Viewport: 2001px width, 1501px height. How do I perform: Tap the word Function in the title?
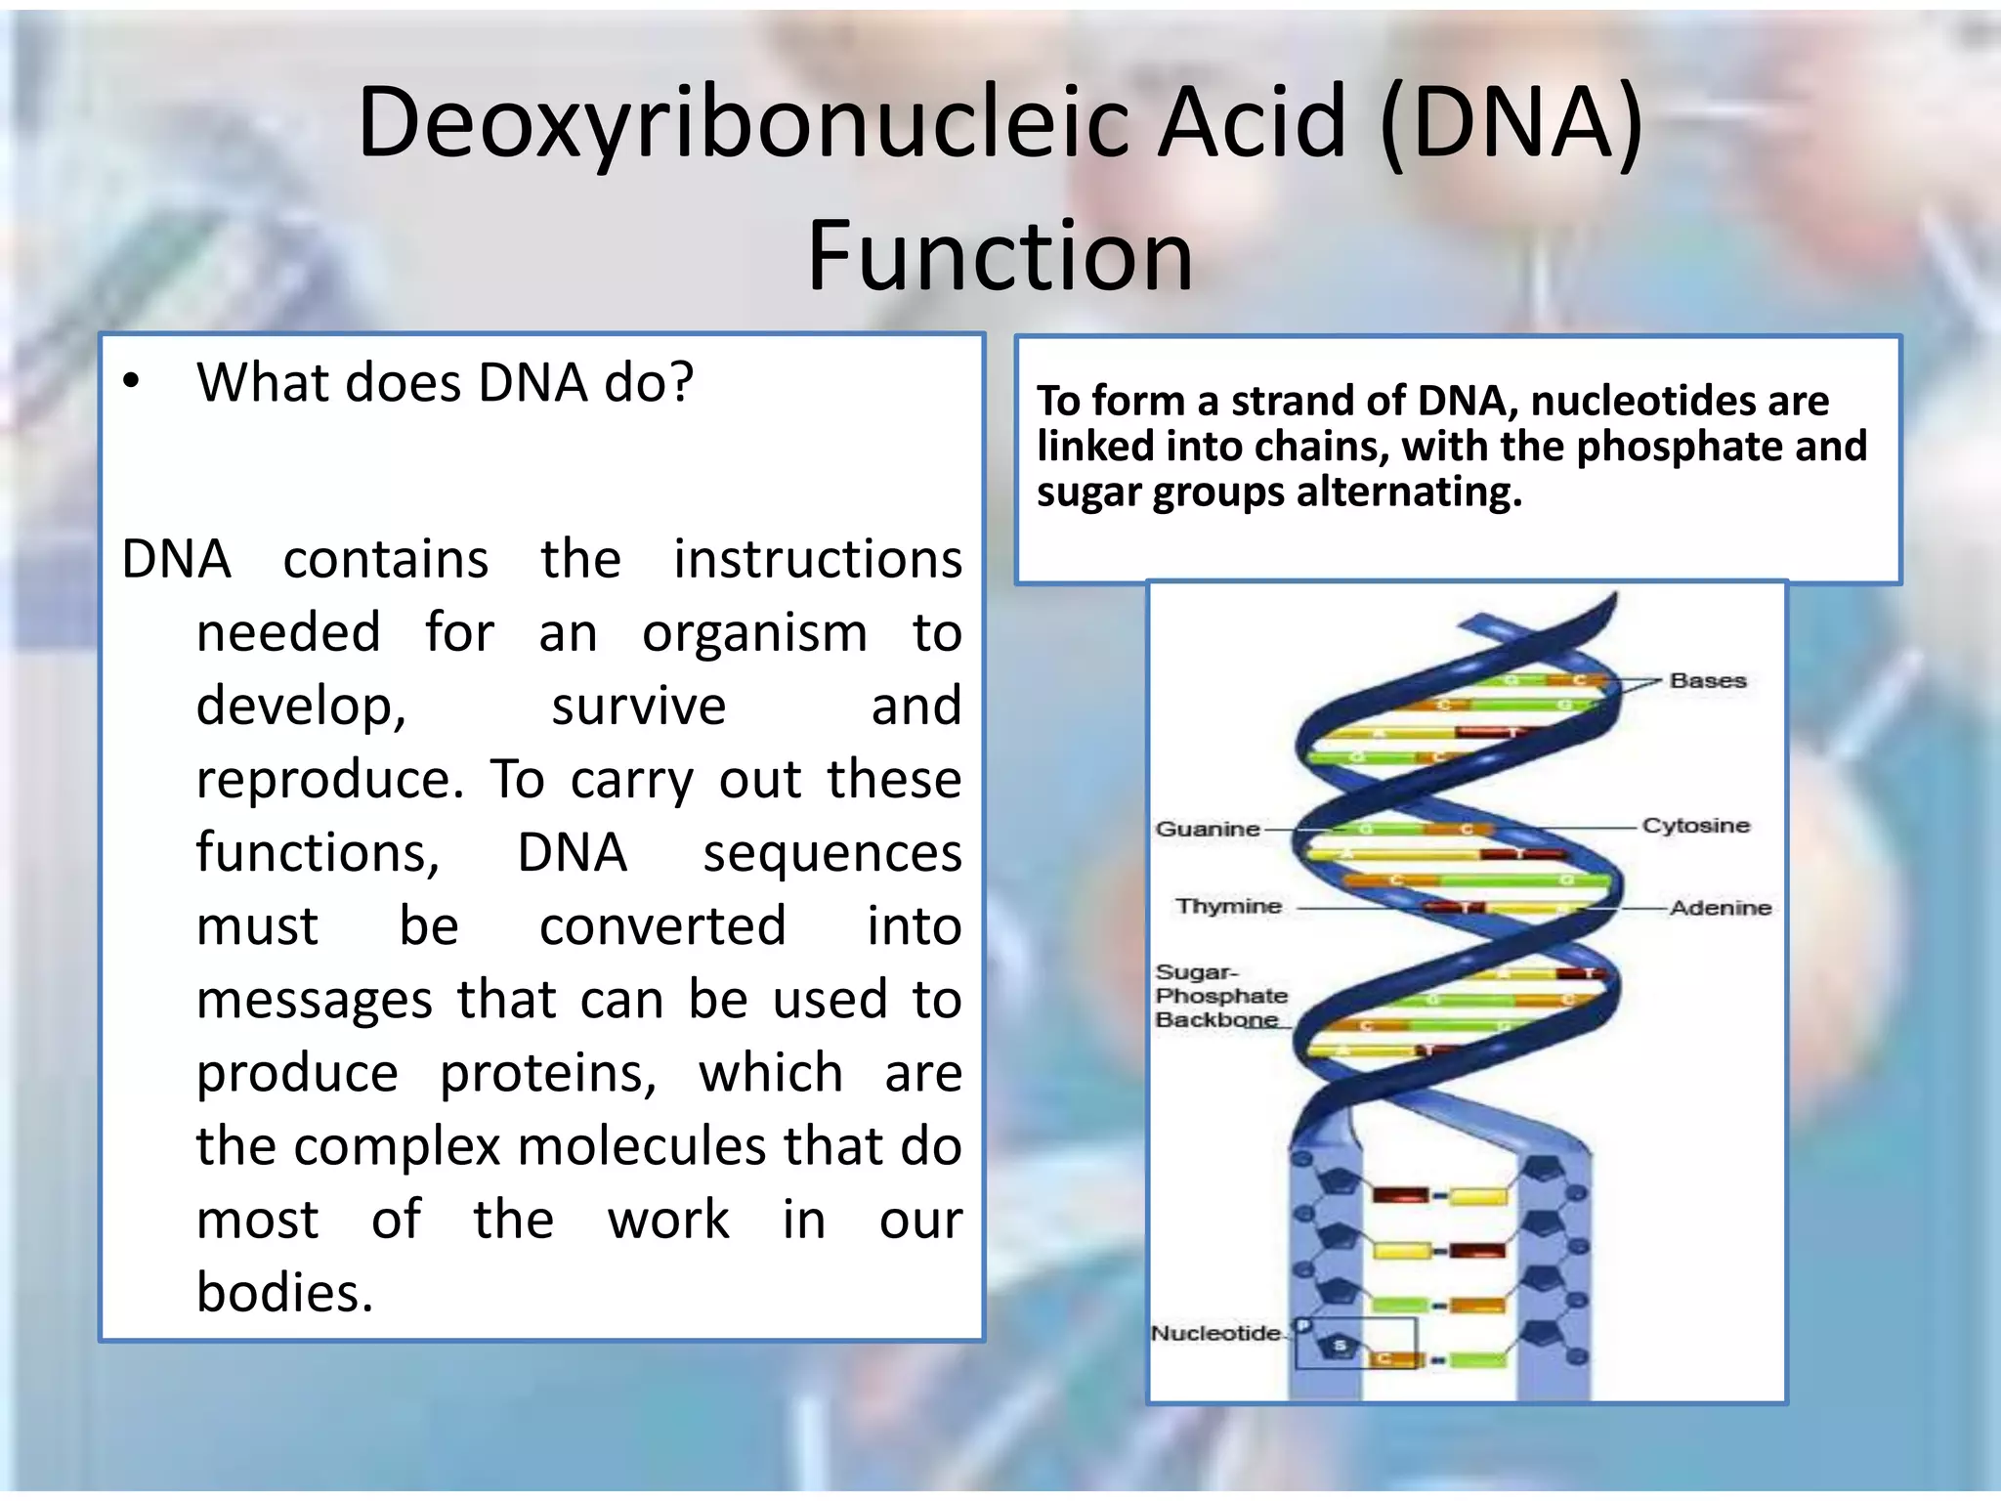1000,257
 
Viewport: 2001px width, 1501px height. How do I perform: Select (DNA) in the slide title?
1511,124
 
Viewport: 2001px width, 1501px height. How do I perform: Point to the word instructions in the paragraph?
817,560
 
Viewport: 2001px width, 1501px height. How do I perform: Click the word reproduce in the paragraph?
329,780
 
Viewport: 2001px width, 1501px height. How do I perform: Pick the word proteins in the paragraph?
548,1073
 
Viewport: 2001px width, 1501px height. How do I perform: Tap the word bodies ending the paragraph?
284,1293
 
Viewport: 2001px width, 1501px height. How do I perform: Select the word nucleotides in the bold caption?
1679,401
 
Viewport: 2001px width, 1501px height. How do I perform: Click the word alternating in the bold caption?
1408,492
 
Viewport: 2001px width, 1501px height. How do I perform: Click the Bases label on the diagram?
1707,681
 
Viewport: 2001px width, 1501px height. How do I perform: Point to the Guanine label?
1208,829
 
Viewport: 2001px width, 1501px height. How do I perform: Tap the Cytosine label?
1695,826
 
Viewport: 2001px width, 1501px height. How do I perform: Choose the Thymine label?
1228,906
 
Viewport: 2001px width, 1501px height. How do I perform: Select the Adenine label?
1720,908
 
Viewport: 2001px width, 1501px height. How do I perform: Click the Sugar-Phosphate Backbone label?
1220,996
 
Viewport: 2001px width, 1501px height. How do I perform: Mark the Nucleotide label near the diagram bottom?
1214,1333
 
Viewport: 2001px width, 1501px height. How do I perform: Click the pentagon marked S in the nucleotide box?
1340,1347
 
